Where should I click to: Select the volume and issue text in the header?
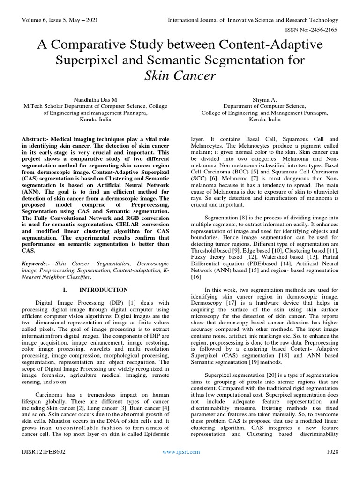pos(60,20)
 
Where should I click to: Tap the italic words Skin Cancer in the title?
pos(180,75)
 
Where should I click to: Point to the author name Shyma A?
pos(265,99)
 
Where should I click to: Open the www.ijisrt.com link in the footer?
pos(180,465)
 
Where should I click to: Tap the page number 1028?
pos(332,465)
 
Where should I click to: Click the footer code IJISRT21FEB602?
pos(44,465)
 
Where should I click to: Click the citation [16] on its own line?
pos(197,277)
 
